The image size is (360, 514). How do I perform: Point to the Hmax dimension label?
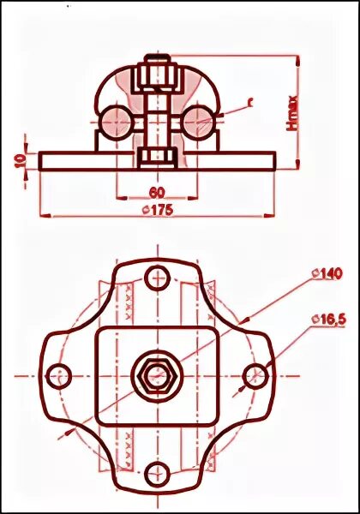(291, 112)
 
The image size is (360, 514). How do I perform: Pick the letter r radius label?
(250, 102)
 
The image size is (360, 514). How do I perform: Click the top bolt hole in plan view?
(157, 277)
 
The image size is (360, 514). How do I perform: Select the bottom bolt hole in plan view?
(157, 474)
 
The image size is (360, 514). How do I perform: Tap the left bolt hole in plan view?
(58, 375)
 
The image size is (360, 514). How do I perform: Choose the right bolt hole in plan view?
(255, 375)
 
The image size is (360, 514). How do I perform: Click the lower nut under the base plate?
(157, 157)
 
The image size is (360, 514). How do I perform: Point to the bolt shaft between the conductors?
(157, 120)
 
